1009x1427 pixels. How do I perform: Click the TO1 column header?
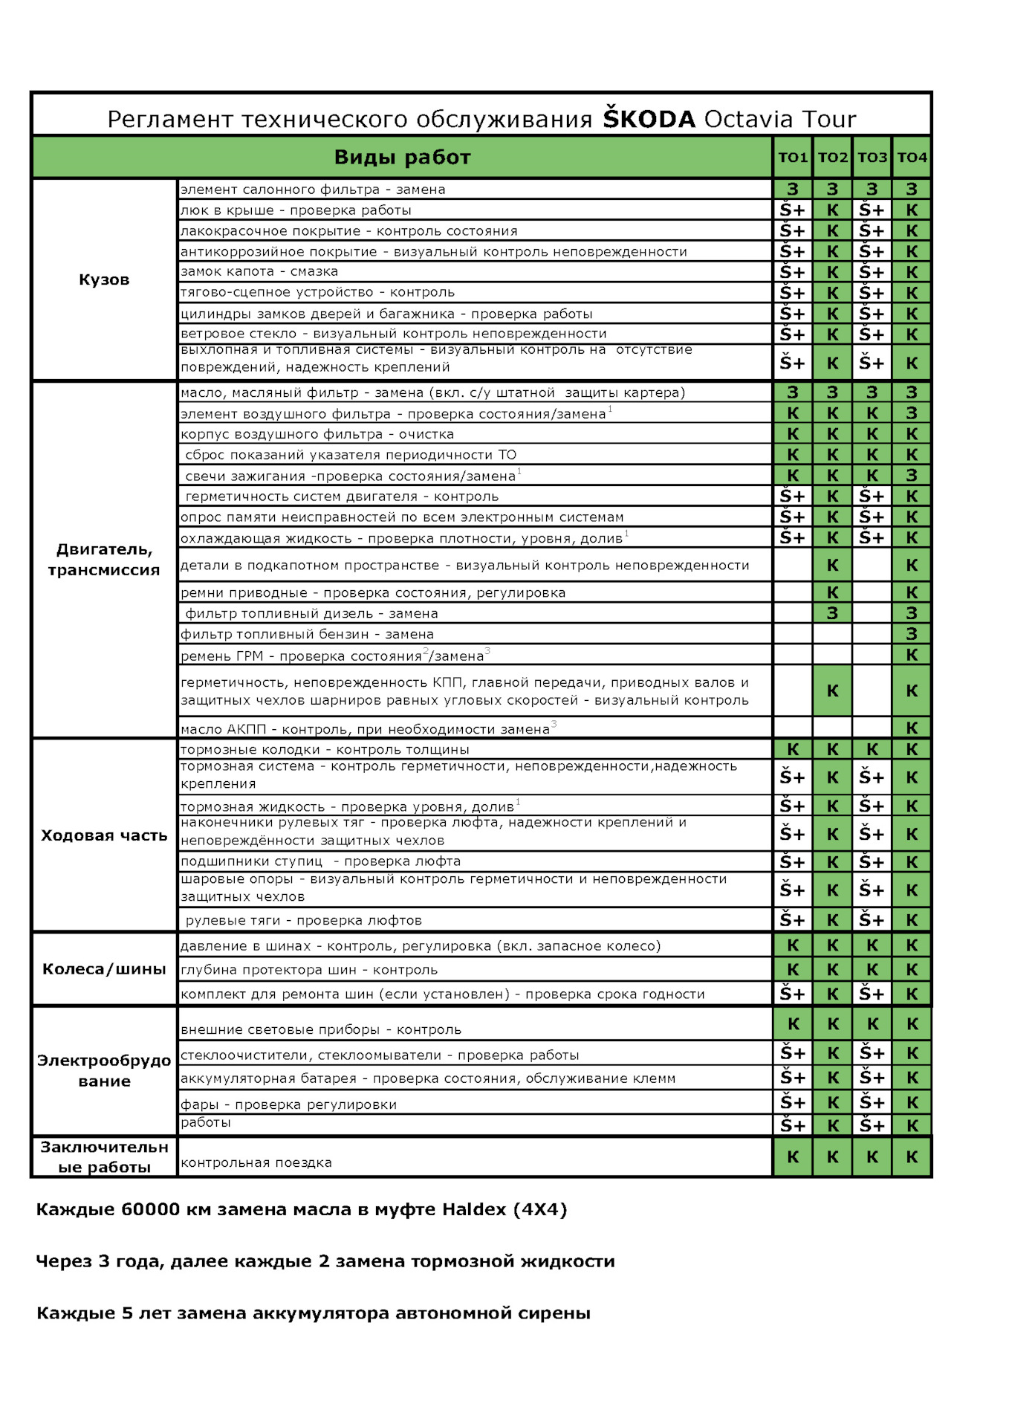(x=793, y=158)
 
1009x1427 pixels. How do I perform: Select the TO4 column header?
(x=912, y=158)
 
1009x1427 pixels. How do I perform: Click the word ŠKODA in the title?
(x=649, y=119)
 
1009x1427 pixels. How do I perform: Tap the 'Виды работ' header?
(x=402, y=158)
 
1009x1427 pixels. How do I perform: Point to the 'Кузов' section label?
(x=104, y=279)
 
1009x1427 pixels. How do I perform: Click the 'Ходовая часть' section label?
(x=104, y=835)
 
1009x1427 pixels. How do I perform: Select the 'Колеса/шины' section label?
(x=104, y=969)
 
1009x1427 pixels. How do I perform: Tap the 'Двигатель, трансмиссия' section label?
(x=104, y=560)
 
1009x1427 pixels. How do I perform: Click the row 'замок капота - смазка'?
(x=259, y=271)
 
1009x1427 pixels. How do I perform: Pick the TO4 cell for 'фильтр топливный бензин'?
(x=912, y=634)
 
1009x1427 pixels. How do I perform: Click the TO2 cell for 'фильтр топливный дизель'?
(x=832, y=613)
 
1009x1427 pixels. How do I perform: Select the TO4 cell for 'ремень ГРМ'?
(x=912, y=655)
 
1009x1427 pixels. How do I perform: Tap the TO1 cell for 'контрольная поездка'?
(x=793, y=1157)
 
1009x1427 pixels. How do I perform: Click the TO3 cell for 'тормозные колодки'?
(x=872, y=749)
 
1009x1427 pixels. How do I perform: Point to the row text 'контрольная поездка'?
(x=256, y=1162)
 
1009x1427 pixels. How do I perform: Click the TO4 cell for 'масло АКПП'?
(x=912, y=728)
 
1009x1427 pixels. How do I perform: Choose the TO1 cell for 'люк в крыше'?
(x=793, y=210)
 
